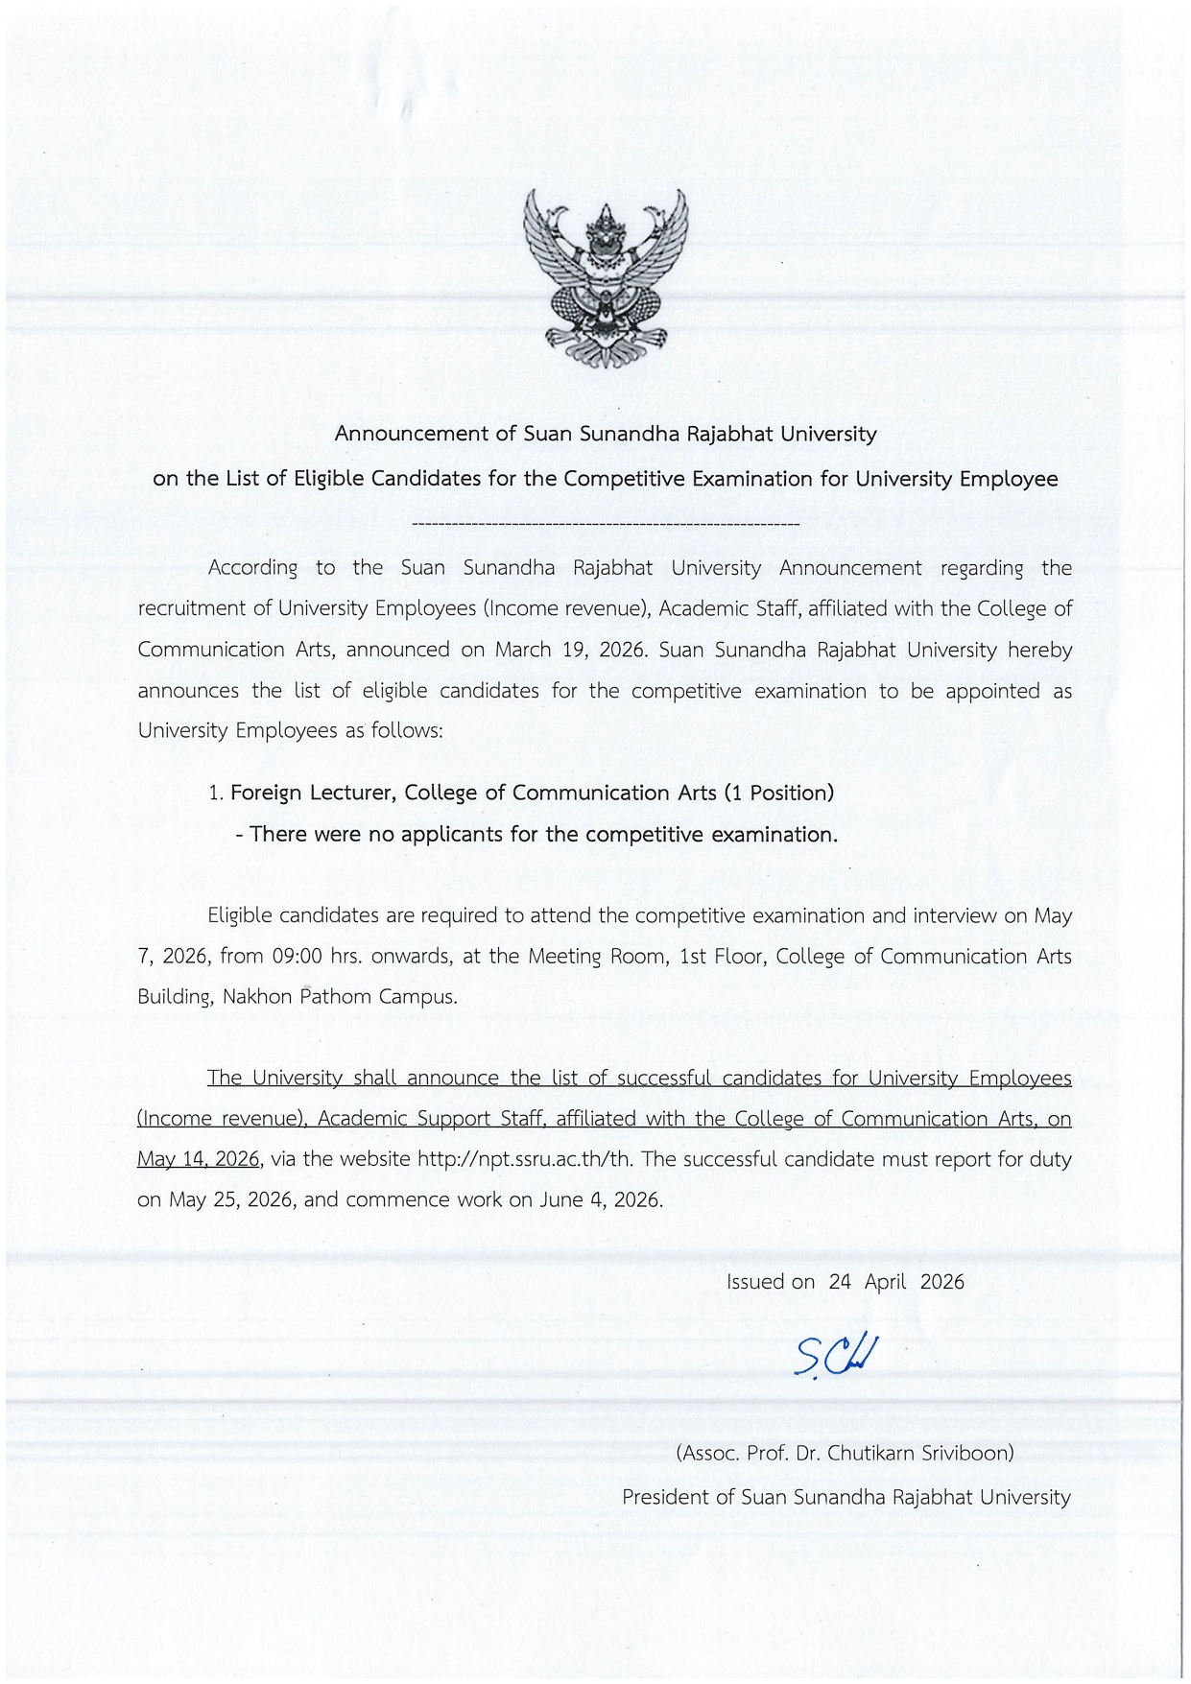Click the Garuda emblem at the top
coord(605,278)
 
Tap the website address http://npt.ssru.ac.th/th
coord(525,1159)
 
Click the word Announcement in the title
coord(411,434)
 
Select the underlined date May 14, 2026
coord(198,1159)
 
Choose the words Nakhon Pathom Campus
coord(340,997)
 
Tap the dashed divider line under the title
coord(605,525)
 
